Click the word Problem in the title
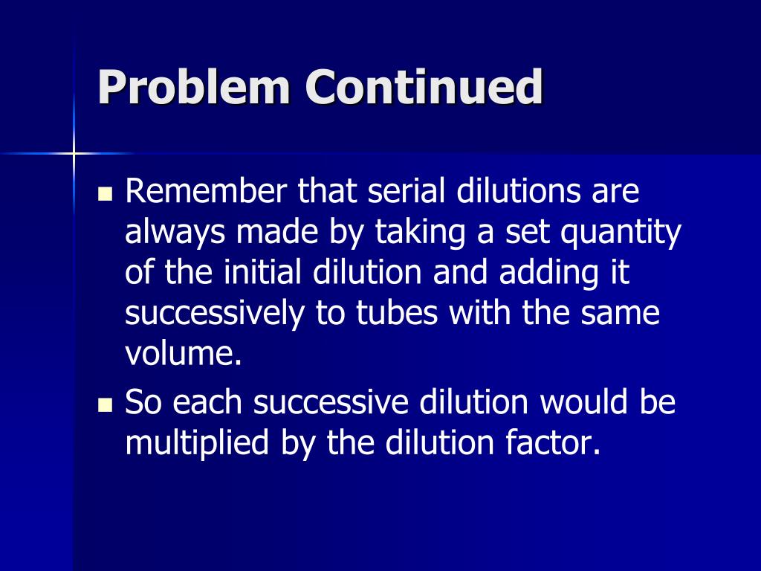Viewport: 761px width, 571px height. tap(195, 88)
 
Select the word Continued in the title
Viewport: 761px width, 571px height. tap(424, 88)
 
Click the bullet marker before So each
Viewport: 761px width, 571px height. tap(105, 406)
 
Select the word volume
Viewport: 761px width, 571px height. tap(183, 354)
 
